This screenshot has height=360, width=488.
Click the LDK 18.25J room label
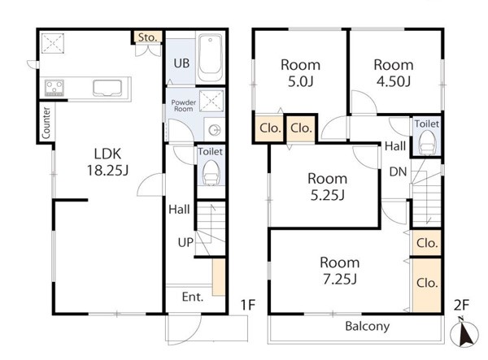click(107, 162)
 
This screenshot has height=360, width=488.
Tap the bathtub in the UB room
click(211, 57)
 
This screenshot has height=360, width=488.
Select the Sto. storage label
click(147, 37)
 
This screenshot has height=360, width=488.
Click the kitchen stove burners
click(54, 88)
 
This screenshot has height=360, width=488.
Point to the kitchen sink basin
click(107, 88)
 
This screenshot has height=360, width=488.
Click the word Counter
click(46, 123)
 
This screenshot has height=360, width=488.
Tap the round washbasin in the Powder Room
click(215, 130)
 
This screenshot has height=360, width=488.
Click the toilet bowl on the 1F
click(211, 173)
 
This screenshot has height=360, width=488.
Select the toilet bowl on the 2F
click(427, 142)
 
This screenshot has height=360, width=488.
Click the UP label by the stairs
click(185, 242)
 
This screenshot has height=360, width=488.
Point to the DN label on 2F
click(398, 171)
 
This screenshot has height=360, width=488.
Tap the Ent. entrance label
click(193, 297)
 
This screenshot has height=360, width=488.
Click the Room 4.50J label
click(394, 73)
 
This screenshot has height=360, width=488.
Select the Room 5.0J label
click(300, 73)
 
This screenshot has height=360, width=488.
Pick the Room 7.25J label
click(339, 271)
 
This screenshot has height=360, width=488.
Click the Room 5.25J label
click(328, 187)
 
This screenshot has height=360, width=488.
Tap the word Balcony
click(368, 327)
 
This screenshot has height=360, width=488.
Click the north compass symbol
click(464, 332)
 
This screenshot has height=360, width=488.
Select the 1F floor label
click(248, 305)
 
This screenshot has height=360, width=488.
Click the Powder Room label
click(184, 106)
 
